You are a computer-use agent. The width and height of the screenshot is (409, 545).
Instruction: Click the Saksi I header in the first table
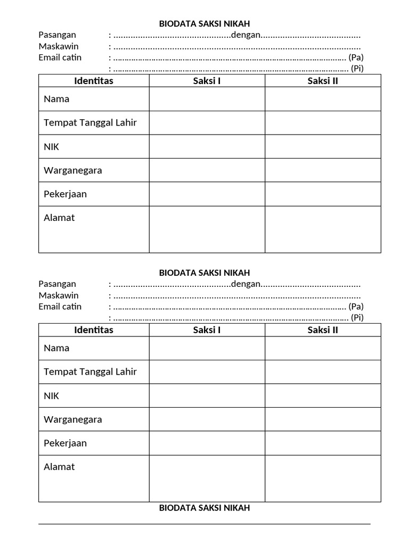coord(207,81)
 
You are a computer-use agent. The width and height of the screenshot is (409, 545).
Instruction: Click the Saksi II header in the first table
coord(323,81)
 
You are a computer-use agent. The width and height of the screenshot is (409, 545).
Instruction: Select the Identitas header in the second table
coord(94,330)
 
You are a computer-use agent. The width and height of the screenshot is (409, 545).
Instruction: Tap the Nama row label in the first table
coord(56,99)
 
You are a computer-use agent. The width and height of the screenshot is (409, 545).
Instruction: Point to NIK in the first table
coord(52,147)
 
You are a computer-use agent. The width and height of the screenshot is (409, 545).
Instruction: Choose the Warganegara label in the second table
coord(73,419)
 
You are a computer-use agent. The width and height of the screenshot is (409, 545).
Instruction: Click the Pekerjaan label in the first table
coord(66,194)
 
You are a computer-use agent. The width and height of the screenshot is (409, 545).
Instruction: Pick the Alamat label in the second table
coord(59,467)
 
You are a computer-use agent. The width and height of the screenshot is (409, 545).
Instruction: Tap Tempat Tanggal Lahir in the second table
coord(90,371)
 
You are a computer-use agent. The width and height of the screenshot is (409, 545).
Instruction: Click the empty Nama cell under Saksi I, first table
coord(207,99)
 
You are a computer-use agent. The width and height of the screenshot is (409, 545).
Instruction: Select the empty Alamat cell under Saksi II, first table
coord(323,229)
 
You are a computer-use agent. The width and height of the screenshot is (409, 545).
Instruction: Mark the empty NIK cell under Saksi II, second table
coord(323,395)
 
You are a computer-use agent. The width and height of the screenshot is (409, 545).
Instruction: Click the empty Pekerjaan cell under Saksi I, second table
coord(207,443)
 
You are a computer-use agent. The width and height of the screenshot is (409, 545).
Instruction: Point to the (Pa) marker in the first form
coord(356,57)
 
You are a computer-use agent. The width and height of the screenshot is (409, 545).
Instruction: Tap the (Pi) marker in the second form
coord(357,318)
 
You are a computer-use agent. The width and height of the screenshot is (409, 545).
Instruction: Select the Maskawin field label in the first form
coord(59,46)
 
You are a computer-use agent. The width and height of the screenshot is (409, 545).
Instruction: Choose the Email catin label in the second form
coord(60,307)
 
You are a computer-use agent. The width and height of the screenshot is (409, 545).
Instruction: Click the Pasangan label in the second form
coord(58,284)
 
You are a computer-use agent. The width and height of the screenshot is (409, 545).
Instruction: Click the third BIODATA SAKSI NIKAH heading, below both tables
coord(204,508)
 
